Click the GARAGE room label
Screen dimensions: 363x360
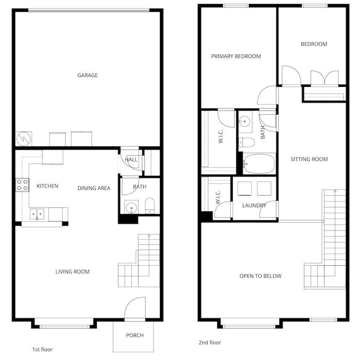[x=88, y=75]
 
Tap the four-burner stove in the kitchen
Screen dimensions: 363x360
[x=22, y=185]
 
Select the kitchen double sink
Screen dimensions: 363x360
[x=37, y=214]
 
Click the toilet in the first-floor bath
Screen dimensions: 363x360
[x=150, y=206]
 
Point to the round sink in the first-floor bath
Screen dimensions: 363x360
[x=131, y=207]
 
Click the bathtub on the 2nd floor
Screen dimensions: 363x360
[x=259, y=164]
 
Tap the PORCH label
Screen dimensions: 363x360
[x=135, y=335]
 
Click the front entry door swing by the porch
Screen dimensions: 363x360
[x=135, y=308]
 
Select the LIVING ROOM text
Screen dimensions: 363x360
[x=72, y=272]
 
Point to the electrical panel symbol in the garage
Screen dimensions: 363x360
[x=24, y=139]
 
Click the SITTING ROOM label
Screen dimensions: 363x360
[x=309, y=159]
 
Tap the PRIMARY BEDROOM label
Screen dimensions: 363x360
[x=236, y=56]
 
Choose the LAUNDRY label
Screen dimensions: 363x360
[x=254, y=206]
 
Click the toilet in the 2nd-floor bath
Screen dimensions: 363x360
[x=247, y=142]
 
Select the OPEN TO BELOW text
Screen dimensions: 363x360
[x=261, y=276]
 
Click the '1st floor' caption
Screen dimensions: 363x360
[x=43, y=349]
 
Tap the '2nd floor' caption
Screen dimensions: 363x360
[x=210, y=342]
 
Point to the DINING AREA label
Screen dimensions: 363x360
[x=94, y=189]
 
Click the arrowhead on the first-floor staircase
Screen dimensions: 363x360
[x=149, y=236]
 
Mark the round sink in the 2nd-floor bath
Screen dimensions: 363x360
[x=244, y=121]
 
